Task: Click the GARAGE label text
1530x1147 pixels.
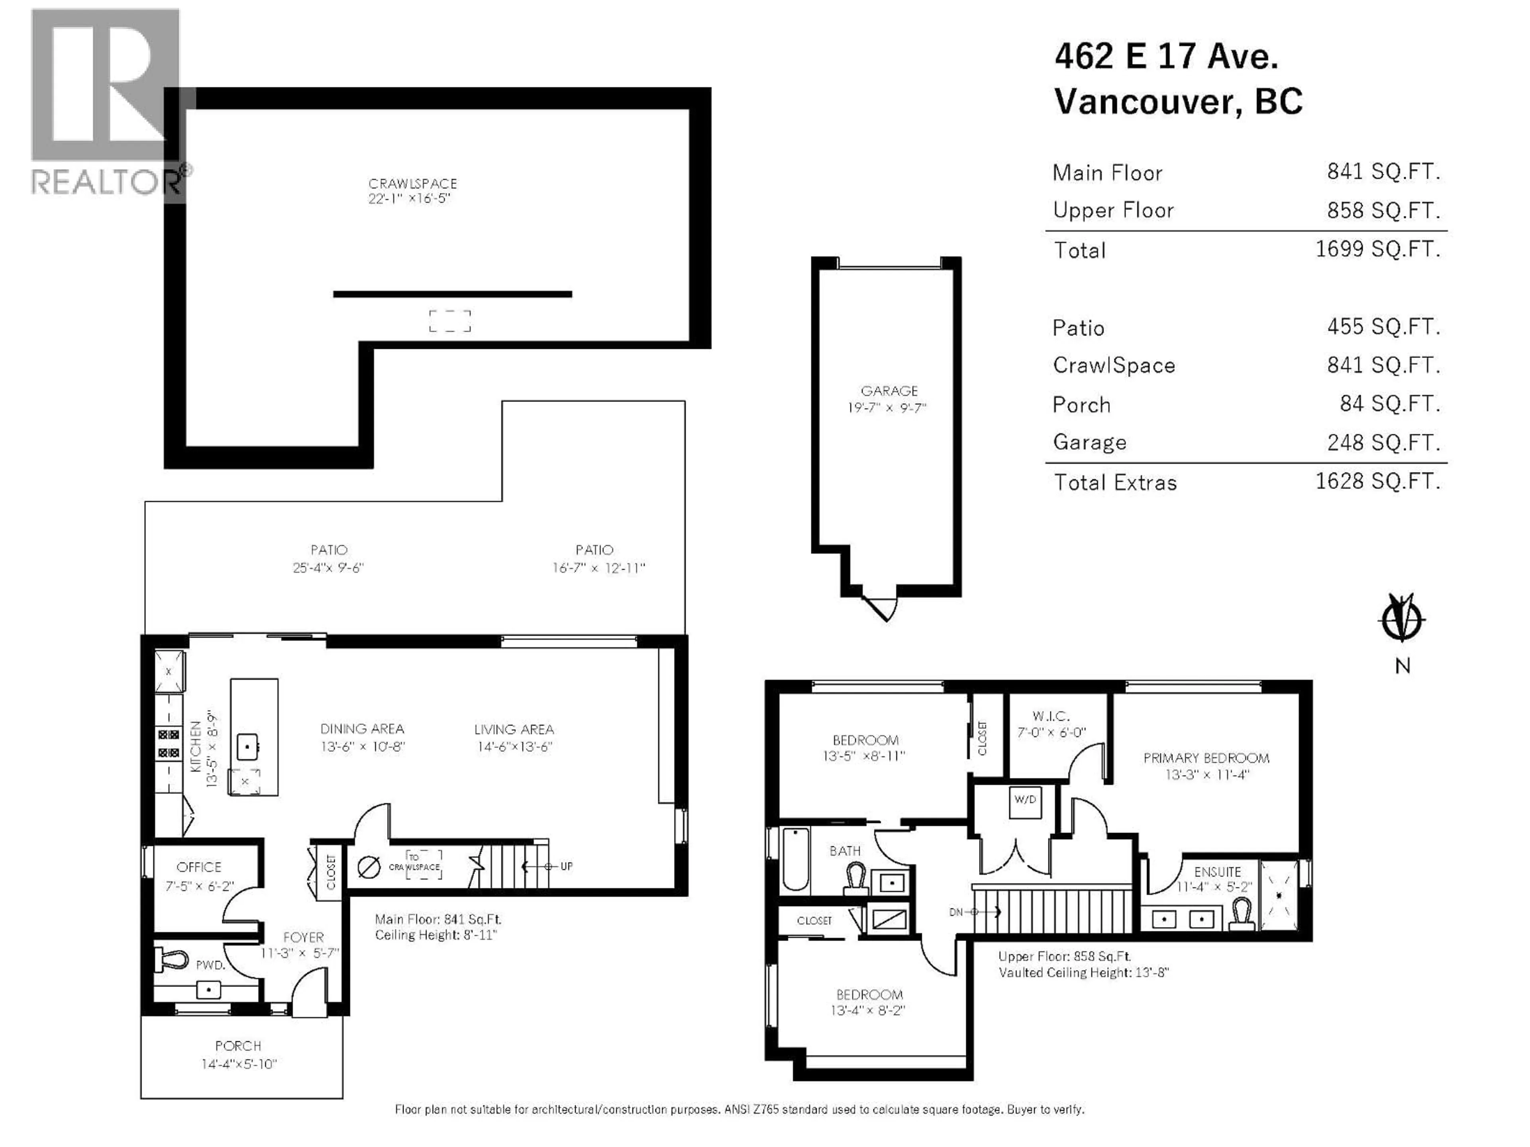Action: pyautogui.click(x=889, y=391)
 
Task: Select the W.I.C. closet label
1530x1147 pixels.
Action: pyautogui.click(x=1051, y=716)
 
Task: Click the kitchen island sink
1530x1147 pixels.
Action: pyautogui.click(x=247, y=747)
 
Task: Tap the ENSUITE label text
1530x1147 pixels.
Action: pyautogui.click(x=1217, y=872)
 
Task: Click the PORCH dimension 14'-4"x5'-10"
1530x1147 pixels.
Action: pyautogui.click(x=239, y=1064)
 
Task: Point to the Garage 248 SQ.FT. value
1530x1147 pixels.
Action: pyautogui.click(x=1383, y=442)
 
